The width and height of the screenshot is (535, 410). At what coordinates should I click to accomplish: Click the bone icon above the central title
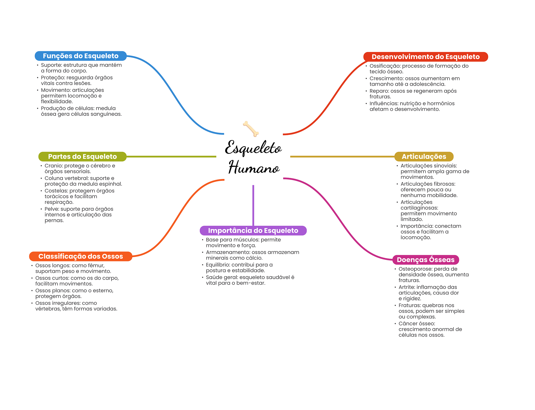(251, 128)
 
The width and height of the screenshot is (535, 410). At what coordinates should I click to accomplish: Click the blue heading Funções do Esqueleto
(80, 56)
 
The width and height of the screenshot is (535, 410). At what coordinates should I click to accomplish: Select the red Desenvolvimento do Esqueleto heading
(425, 57)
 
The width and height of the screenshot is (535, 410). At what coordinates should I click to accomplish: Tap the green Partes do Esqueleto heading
(82, 157)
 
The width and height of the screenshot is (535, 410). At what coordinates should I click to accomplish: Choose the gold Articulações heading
(424, 157)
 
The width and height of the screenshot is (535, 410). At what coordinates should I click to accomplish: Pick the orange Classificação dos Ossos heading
(80, 256)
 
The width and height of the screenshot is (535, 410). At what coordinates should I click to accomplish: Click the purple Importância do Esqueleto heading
(253, 230)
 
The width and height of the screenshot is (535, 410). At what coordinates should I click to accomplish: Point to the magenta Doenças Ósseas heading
(426, 260)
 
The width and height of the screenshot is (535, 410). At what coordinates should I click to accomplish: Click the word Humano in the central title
(254, 168)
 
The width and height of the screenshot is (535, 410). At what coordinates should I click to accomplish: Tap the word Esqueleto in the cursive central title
(253, 148)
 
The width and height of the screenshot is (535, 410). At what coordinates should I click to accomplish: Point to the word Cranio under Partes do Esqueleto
(53, 166)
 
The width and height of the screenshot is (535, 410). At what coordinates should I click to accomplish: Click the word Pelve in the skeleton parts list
(52, 209)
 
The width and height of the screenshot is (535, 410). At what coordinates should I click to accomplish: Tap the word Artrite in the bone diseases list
(406, 287)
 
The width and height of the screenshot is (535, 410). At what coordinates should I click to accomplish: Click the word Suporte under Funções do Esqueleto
(51, 65)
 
